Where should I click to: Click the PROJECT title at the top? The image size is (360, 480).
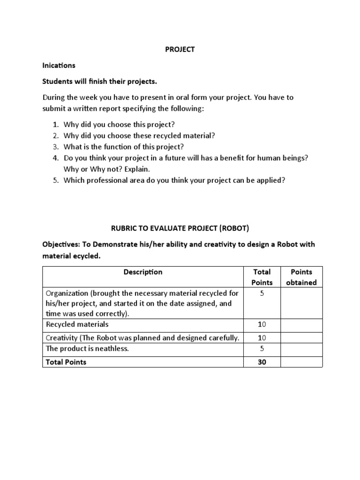coord(180,50)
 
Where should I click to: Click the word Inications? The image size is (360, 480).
coord(59,66)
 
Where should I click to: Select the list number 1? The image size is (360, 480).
coord(55,125)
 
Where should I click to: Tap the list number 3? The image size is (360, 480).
coord(55,147)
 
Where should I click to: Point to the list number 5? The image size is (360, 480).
coord(55,180)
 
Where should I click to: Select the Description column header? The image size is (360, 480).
coord(143,272)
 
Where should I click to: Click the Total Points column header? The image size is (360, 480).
coord(262,277)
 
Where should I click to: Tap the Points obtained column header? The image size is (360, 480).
coord(301,277)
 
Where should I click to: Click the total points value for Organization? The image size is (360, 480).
coord(262,293)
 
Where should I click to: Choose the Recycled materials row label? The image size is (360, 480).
coord(77,324)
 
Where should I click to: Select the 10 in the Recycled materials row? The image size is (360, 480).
coord(262,324)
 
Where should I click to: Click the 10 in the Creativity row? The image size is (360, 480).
coord(262,338)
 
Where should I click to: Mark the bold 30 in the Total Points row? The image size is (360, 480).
coord(262,362)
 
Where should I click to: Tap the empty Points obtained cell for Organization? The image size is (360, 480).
coord(301,303)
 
